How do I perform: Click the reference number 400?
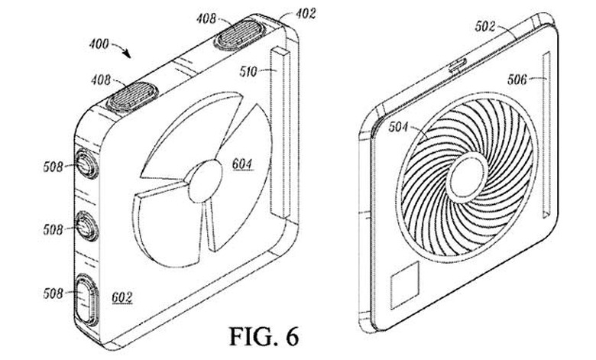[x=99, y=44]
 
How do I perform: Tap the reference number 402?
[x=306, y=14]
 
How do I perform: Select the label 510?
[x=248, y=71]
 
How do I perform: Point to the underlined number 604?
[x=242, y=164]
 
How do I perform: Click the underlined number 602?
[x=122, y=297]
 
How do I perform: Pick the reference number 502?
[x=485, y=26]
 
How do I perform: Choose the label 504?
[x=398, y=127]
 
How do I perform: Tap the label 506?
[x=517, y=79]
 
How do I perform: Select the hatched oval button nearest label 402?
[x=239, y=34]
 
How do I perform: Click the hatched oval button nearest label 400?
[x=132, y=96]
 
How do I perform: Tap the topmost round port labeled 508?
[x=86, y=164]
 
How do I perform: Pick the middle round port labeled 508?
[x=86, y=225]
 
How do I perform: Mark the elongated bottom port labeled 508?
[x=86, y=299]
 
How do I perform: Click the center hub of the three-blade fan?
[x=206, y=181]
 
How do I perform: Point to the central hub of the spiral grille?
[x=468, y=176]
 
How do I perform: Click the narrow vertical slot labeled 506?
[x=546, y=135]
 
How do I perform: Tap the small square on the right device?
[x=405, y=284]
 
